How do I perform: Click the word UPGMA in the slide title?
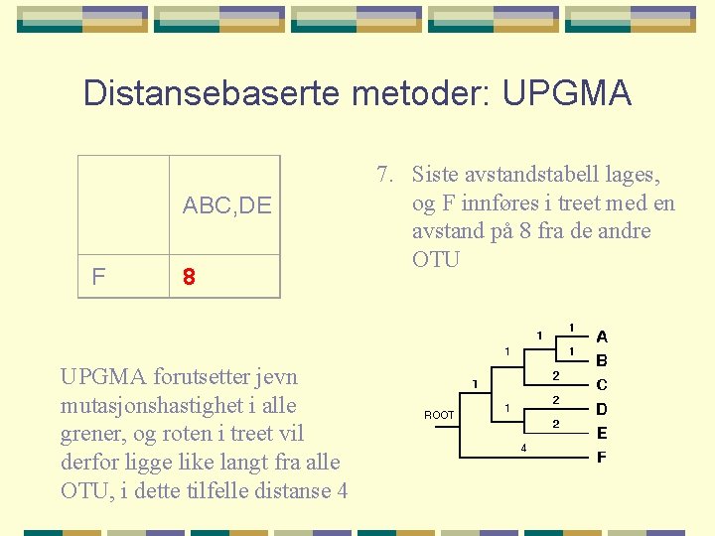coord(567,92)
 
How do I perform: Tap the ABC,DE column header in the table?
coord(226,205)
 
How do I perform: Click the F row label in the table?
coord(97,277)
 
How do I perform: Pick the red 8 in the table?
coord(189,278)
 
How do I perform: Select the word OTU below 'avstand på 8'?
coord(436,260)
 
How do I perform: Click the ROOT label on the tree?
coord(439,415)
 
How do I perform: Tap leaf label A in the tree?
coord(602,337)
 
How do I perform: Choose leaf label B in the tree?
coord(602,361)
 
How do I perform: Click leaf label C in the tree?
coord(602,385)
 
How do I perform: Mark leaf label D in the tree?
coord(602,409)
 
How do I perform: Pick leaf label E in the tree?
coord(602,433)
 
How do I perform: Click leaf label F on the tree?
coord(602,458)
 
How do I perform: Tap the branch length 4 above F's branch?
coord(524,448)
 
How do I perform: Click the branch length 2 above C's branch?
coord(556,375)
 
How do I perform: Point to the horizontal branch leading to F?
coord(526,458)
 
